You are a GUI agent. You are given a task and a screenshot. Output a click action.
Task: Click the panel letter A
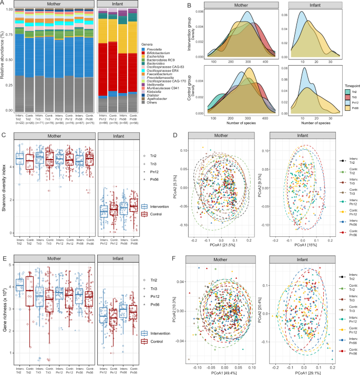4,4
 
